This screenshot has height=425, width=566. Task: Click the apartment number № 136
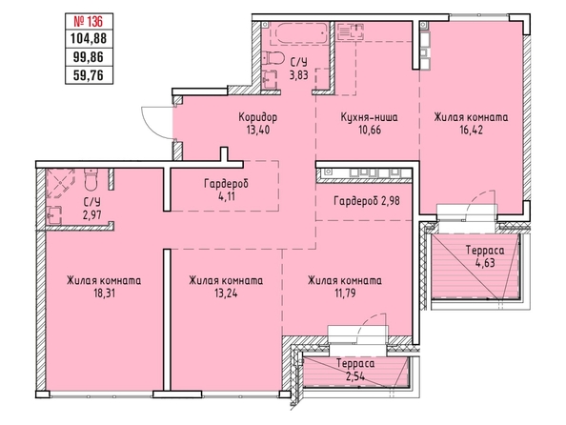click(89, 21)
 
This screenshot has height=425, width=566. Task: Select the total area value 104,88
click(89, 38)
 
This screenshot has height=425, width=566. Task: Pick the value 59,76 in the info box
click(89, 75)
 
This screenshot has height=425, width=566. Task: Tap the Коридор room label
click(257, 117)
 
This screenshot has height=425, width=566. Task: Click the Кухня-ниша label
click(370, 117)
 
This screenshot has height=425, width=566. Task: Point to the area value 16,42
click(471, 130)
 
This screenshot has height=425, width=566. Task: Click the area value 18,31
click(104, 293)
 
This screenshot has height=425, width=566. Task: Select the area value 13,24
click(226, 293)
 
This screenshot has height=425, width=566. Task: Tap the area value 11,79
click(344, 293)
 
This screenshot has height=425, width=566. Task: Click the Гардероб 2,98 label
click(367, 200)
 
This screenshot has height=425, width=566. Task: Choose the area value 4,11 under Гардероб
click(227, 196)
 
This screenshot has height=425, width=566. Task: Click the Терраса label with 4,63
click(485, 250)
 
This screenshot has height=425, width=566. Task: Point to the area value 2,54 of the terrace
click(355, 376)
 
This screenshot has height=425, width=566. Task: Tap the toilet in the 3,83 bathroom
click(273, 58)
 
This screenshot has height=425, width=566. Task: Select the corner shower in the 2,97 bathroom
click(60, 183)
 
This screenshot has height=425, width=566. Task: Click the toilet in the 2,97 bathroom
click(91, 179)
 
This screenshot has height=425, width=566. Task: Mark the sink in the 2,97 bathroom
click(54, 215)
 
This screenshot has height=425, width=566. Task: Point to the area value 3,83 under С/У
click(299, 75)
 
